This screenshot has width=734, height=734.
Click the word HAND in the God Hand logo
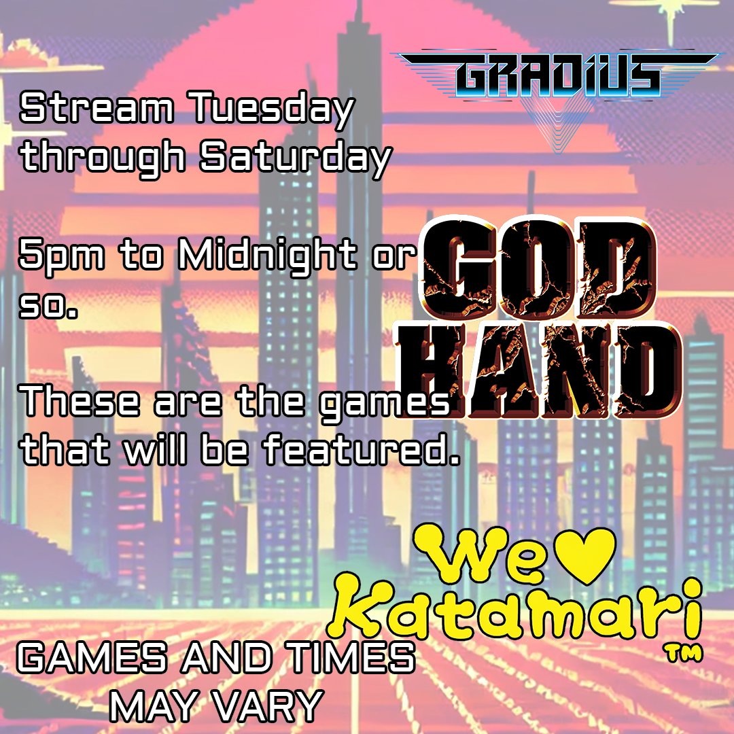click(x=544, y=370)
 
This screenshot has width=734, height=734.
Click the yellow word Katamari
click(x=520, y=612)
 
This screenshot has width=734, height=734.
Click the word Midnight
click(x=266, y=257)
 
